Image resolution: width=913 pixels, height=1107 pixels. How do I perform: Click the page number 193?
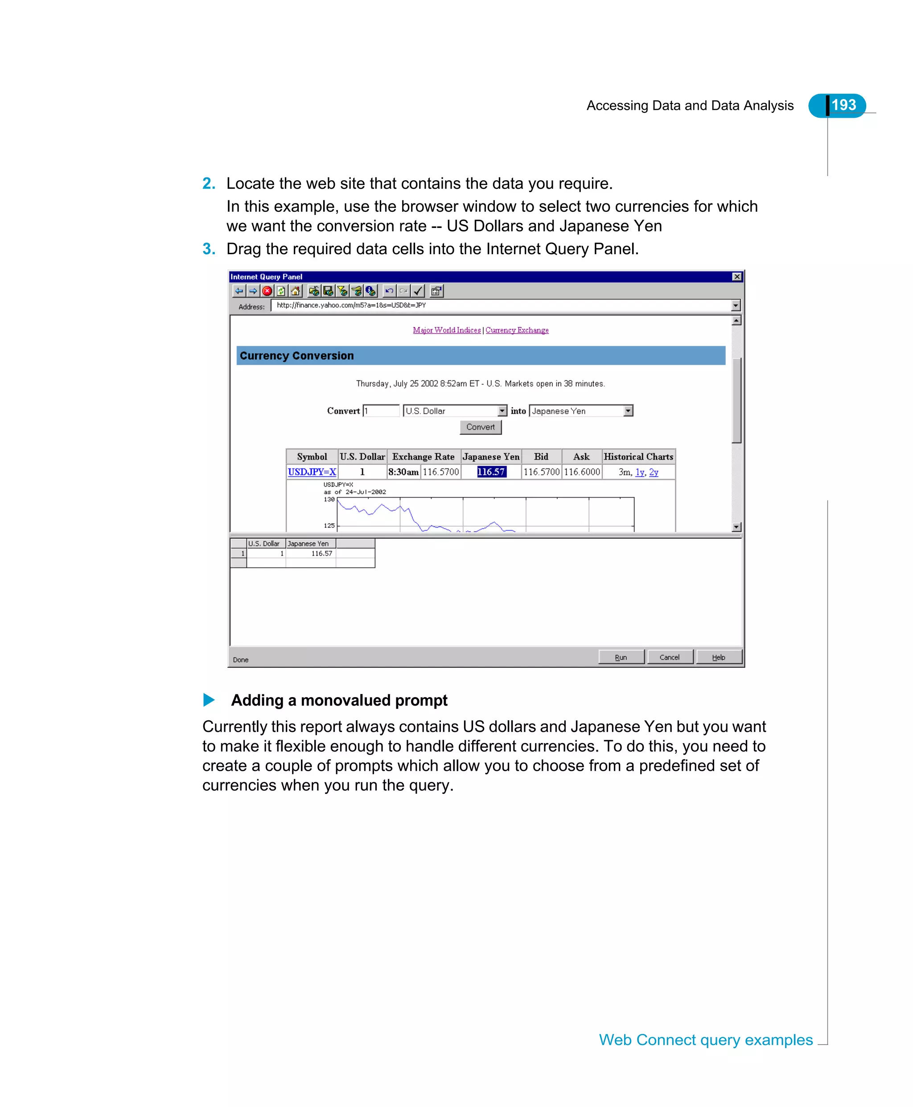point(843,105)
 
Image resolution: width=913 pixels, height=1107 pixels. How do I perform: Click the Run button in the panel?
point(621,657)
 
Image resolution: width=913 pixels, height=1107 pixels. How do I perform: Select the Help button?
point(719,657)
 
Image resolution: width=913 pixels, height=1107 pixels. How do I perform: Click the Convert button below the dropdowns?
point(480,427)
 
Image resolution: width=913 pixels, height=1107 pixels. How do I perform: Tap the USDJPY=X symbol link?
point(312,472)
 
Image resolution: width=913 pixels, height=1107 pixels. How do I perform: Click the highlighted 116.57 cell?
point(491,472)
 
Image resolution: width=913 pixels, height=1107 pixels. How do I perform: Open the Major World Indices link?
point(447,330)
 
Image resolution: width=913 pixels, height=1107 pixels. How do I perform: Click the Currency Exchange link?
point(517,330)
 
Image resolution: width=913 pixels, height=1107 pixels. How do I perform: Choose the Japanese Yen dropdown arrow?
point(628,411)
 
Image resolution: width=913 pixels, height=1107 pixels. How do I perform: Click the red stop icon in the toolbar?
point(267,291)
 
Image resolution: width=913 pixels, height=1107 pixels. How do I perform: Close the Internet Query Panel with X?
point(737,277)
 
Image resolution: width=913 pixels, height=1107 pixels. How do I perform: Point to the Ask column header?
point(581,457)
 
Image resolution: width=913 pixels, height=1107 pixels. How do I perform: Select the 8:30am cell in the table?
point(403,472)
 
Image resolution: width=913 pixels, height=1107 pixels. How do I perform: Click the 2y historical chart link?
point(654,472)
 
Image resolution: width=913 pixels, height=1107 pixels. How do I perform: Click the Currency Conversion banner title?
point(296,355)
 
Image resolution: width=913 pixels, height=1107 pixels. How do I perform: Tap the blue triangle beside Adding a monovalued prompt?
point(209,700)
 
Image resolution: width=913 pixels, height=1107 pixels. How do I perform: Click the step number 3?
point(209,249)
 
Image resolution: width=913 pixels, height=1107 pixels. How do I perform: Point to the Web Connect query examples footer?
point(706,1040)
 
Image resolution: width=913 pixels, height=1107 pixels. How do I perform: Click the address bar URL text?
point(351,305)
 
